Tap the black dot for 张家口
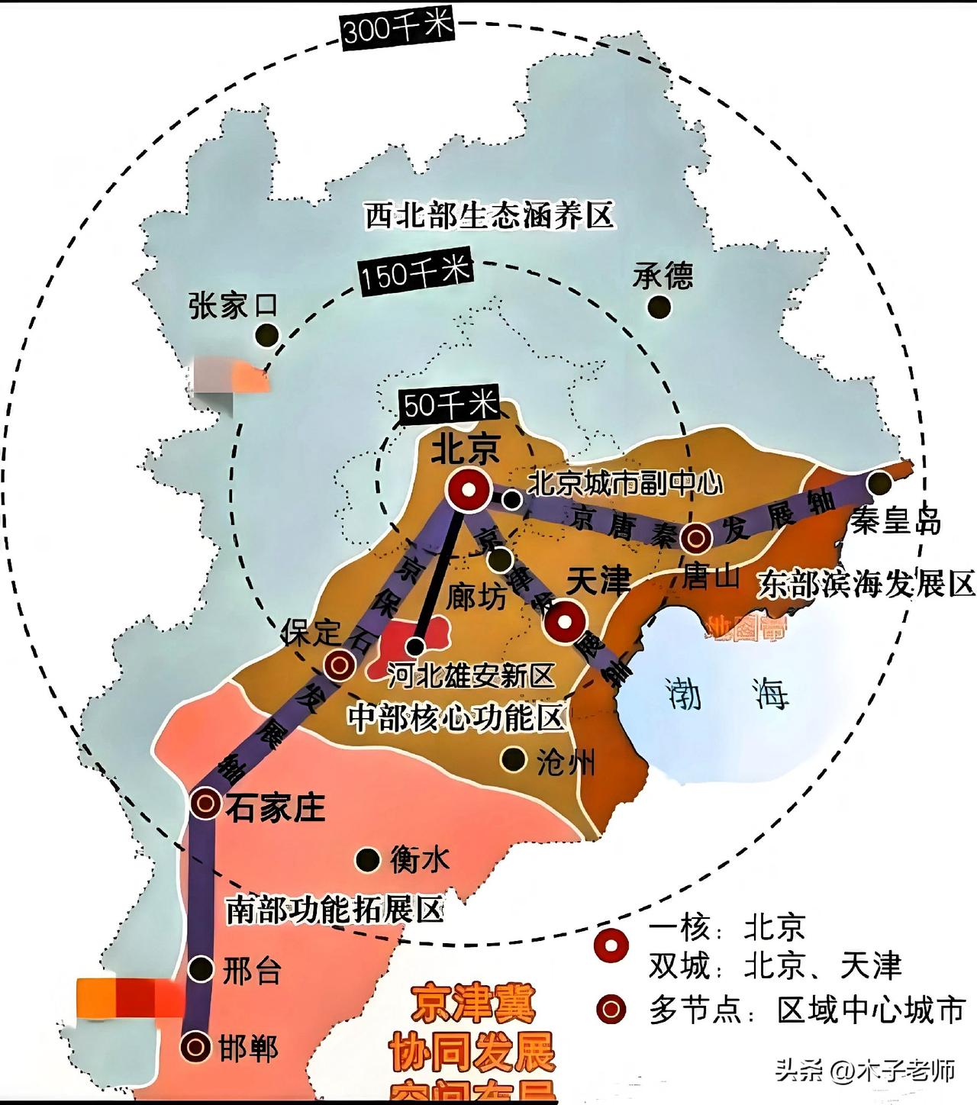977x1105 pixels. coord(267,334)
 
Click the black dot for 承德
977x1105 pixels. coord(659,307)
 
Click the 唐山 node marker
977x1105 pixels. coord(696,537)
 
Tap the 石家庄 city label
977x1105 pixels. coord(275,807)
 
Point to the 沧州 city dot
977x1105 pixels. coord(513,759)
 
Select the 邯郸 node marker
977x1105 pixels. coord(195,1047)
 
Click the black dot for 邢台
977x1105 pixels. coord(202,969)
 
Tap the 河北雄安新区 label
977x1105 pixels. coord(470,675)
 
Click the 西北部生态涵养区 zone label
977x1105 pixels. coord(488,216)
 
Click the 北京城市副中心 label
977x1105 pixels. coord(624,483)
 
